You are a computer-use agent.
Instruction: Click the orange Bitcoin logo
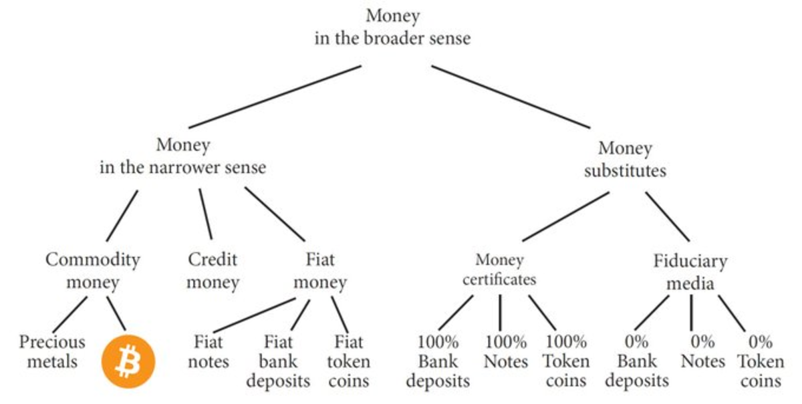click(x=128, y=361)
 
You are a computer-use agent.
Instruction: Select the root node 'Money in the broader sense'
click(x=392, y=27)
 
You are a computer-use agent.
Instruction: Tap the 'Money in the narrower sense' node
click(x=182, y=156)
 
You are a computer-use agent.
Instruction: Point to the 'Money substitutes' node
click(x=625, y=159)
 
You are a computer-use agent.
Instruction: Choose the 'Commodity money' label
click(x=93, y=270)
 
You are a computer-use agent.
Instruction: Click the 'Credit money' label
click(x=213, y=270)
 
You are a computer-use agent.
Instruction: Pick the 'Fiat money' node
click(x=321, y=270)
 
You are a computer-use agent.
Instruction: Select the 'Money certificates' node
click(x=499, y=269)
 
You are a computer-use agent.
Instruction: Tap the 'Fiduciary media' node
click(x=690, y=272)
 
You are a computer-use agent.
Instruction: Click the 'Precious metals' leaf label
click(x=52, y=352)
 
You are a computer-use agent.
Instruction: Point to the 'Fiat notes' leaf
click(x=209, y=352)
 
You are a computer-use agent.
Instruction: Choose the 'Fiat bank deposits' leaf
click(x=278, y=361)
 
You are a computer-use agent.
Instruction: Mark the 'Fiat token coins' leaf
click(x=349, y=361)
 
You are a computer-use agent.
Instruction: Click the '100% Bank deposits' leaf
click(x=438, y=361)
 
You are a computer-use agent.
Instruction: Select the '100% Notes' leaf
click(x=506, y=352)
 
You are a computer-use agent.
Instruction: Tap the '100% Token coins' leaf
click(x=565, y=361)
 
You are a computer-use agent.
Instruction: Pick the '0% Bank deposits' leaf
click(x=636, y=361)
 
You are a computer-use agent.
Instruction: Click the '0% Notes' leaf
click(x=703, y=352)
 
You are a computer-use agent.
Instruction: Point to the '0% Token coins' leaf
click(x=761, y=361)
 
